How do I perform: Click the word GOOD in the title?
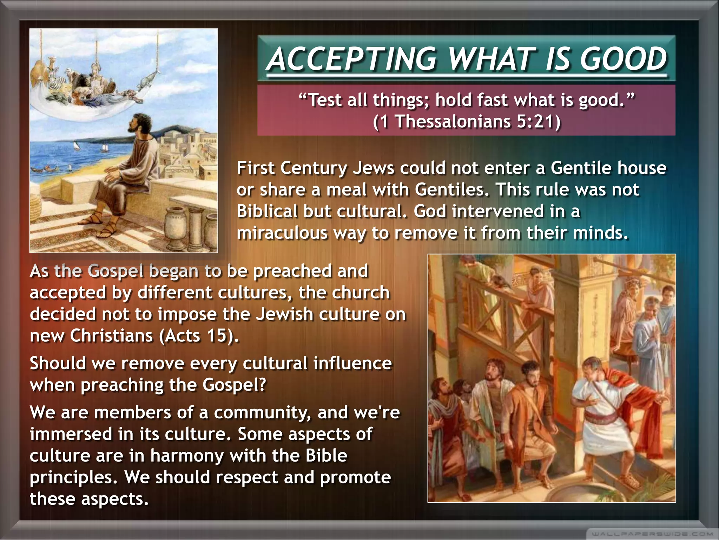pyautogui.click(x=623, y=59)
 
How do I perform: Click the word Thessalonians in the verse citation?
pyautogui.click(x=453, y=122)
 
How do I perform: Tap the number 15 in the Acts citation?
pyautogui.click(x=215, y=335)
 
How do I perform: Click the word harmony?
pyautogui.click(x=187, y=456)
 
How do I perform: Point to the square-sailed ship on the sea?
pyautogui.click(x=104, y=148)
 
